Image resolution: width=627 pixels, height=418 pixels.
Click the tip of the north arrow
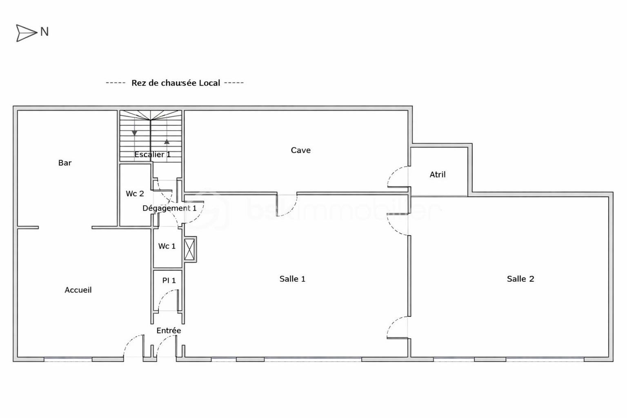(38, 33)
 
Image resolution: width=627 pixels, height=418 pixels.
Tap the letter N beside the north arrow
(44, 32)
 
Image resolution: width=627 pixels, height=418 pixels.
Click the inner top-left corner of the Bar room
(18, 111)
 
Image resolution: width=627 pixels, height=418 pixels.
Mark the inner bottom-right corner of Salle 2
(609, 357)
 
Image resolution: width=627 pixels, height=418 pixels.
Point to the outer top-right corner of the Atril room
(472, 144)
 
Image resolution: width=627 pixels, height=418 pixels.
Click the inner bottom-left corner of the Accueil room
(18, 357)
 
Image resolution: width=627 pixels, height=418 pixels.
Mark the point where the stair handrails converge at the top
(151, 120)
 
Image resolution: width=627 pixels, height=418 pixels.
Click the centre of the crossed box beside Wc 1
(189, 249)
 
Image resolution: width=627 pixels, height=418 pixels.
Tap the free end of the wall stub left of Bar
(38, 227)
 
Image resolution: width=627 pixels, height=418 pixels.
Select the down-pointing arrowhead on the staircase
(135, 133)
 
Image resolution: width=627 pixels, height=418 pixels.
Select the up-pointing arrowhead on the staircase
(167, 142)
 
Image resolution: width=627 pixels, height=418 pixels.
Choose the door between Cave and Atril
(398, 177)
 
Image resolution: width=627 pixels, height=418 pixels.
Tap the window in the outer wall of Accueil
(68, 359)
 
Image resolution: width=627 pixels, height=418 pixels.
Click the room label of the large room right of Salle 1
(520, 279)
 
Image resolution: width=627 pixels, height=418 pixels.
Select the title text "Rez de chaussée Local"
(176, 83)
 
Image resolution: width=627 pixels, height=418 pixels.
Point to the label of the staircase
(153, 154)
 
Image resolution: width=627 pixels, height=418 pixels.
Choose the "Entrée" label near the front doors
(169, 331)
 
